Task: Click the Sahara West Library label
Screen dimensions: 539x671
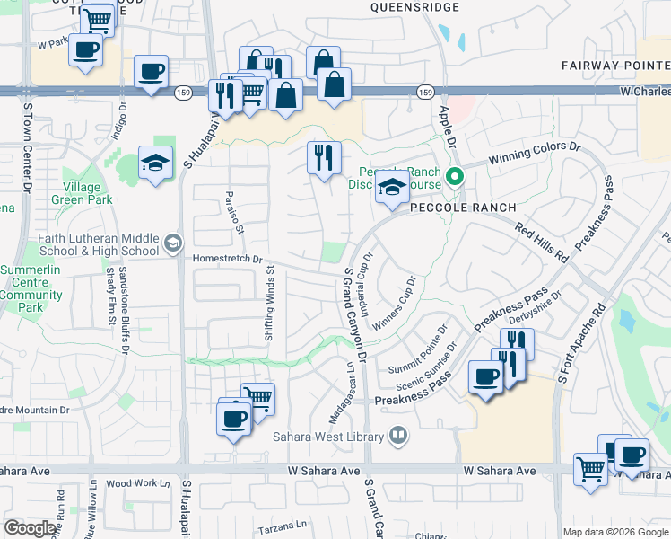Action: click(329, 437)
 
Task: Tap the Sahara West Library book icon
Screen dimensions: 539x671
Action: click(398, 437)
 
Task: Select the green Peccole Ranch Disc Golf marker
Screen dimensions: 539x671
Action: click(455, 176)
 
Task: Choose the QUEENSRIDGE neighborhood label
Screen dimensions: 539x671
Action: click(414, 7)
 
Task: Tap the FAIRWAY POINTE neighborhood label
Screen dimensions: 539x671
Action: click(615, 66)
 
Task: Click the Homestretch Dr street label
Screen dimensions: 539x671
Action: click(227, 259)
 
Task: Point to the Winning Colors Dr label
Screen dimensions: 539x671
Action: click(535, 153)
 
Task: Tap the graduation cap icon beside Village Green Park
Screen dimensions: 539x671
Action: click(155, 163)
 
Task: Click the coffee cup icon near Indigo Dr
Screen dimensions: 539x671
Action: click(151, 70)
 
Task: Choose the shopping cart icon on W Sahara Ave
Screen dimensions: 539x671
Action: click(590, 468)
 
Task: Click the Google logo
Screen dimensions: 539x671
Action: click(30, 528)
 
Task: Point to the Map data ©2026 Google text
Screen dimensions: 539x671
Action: click(614, 532)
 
